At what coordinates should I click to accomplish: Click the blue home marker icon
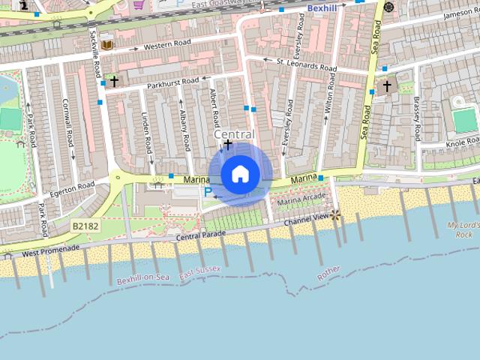pos(240,175)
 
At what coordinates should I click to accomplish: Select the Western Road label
pos(169,46)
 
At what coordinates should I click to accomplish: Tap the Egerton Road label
pos(73,184)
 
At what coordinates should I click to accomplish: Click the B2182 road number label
pos(86,225)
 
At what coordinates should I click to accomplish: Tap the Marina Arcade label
pos(301,199)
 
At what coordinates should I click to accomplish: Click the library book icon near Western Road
pos(106,45)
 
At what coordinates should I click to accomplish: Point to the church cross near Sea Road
pos(387,86)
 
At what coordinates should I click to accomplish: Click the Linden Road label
pos(146,133)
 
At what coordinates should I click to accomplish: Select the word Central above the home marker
pos(234,134)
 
